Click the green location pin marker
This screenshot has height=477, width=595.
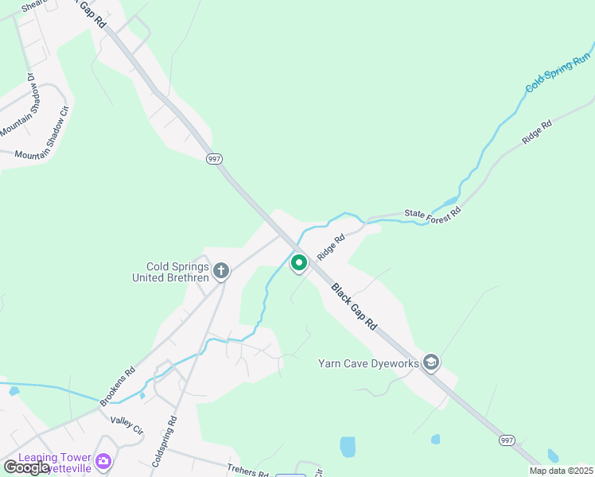click(299, 262)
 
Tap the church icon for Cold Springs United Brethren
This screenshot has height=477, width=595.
click(221, 271)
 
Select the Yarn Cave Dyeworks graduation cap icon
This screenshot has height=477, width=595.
click(431, 363)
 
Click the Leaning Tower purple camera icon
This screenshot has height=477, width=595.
click(103, 461)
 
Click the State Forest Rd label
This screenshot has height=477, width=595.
click(433, 213)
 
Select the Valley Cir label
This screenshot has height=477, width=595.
click(126, 425)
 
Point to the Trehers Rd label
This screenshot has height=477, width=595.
click(247, 471)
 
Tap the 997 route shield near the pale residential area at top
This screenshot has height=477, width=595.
click(214, 158)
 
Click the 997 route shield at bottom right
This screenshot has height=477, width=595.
click(507, 440)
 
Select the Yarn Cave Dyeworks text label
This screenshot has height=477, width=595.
click(369, 363)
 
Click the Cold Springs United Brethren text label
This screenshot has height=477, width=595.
click(178, 272)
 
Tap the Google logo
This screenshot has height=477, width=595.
click(27, 467)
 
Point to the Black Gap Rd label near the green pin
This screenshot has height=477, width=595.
click(354, 308)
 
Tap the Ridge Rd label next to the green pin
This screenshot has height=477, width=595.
click(331, 247)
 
